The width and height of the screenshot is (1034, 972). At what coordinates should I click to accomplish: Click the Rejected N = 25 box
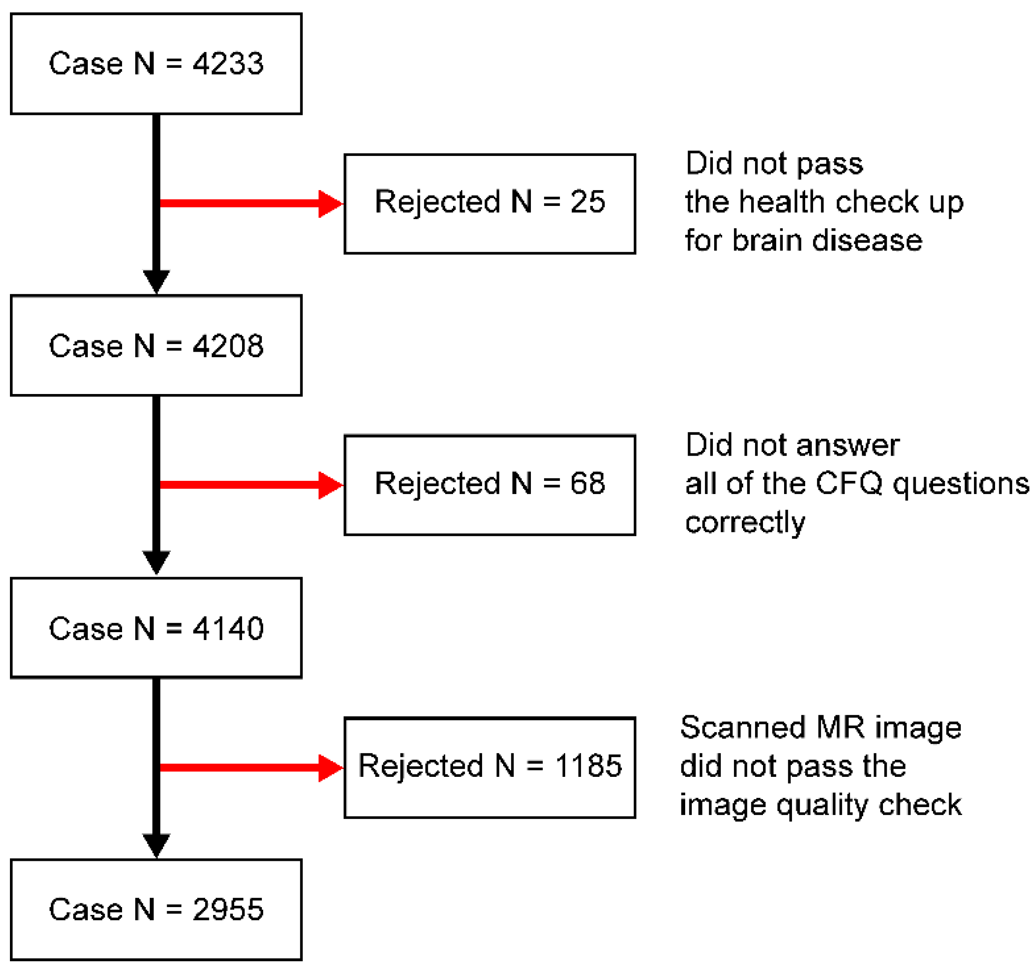489,203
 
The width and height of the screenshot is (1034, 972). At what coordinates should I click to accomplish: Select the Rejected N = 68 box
489,485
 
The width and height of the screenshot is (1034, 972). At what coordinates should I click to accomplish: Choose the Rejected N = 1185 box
489,767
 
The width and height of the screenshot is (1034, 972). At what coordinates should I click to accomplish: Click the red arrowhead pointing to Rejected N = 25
330,203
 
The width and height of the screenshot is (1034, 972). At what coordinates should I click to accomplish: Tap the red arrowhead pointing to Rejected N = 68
330,485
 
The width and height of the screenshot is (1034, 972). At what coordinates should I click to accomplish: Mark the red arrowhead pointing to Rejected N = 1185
330,768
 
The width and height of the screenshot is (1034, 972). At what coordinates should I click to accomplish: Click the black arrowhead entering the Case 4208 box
156,281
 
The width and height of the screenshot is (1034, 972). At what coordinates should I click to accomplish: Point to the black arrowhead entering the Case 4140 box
156,562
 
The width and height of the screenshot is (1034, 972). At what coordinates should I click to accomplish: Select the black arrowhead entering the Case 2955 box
156,845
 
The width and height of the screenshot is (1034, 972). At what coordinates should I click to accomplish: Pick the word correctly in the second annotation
745,523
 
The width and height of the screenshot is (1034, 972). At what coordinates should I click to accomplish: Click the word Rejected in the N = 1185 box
421,766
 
